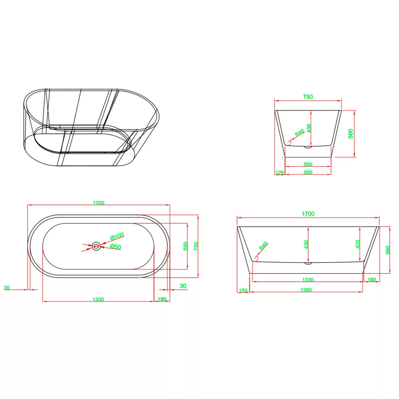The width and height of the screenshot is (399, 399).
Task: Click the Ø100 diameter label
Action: tap(117, 236)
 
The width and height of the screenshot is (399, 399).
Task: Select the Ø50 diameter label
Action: tap(116, 247)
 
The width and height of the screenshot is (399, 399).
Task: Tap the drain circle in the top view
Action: tap(96, 246)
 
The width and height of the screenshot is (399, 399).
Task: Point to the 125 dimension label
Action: tap(280, 173)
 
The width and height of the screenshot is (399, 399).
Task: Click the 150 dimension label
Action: tap(243, 290)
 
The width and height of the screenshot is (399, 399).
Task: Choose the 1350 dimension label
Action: tap(306, 290)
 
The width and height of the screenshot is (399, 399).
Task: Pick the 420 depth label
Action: tap(358, 244)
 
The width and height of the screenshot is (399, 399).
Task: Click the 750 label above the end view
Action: tap(308, 97)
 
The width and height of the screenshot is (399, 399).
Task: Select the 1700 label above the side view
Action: tap(308, 214)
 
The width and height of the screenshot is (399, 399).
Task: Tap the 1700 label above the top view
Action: tap(99, 203)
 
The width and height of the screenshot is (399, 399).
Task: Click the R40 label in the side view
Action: tap(263, 245)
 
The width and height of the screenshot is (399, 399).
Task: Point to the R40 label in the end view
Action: tap(300, 133)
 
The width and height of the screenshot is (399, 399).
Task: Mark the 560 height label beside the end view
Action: tap(351, 134)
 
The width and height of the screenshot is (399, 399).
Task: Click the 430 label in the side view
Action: tap(306, 244)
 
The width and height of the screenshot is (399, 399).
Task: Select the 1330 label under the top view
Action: tap(98, 300)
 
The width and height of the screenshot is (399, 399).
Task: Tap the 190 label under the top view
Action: tap(162, 299)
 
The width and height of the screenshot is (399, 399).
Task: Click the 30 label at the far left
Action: tap(7, 288)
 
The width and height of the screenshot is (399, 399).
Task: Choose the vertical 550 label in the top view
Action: tap(185, 246)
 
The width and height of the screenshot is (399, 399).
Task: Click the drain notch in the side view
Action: tap(308, 263)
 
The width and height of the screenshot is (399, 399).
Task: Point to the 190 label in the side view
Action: tap(371, 280)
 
